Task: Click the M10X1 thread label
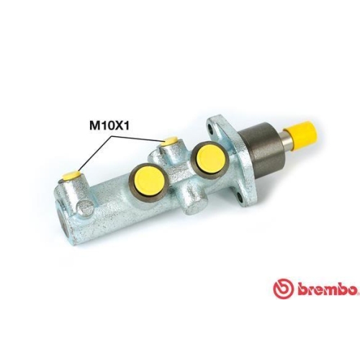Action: [110, 123]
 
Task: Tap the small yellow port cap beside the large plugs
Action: [171, 141]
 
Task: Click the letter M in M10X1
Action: [94, 123]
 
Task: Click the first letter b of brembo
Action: [300, 289]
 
